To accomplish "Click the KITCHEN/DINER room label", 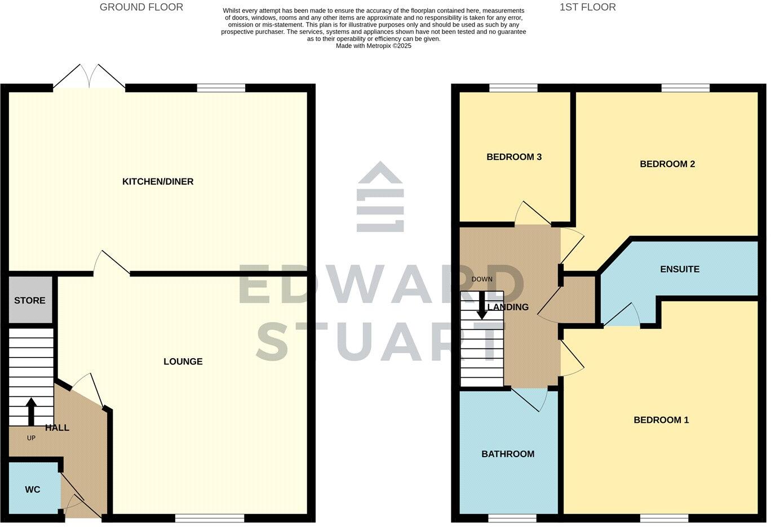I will click(158, 181).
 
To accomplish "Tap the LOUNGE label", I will click(183, 361).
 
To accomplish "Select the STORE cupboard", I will click(30, 301).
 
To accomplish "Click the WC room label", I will click(33, 490).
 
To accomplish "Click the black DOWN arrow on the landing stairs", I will click(482, 307).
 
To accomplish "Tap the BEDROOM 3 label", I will click(514, 157).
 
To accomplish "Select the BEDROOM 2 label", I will click(667, 164).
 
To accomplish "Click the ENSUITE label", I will click(680, 269).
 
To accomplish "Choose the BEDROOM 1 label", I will click(661, 420).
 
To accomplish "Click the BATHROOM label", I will click(508, 454).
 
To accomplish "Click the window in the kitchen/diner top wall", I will click(221, 88).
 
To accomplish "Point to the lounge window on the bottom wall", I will click(209, 518).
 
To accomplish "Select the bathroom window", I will click(512, 518).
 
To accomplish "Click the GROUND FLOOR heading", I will click(141, 7).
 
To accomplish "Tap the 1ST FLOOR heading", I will click(587, 7).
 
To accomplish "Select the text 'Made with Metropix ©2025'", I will click(373, 46).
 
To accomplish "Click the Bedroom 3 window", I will click(513, 88).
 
